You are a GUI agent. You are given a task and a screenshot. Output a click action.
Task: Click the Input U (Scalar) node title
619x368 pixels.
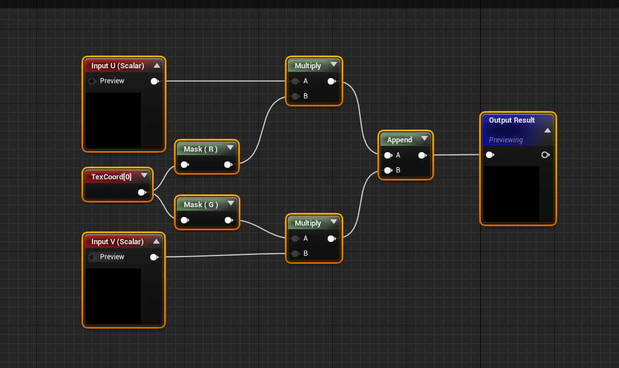(117, 66)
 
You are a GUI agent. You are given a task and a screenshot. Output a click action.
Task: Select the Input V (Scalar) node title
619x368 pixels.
(117, 242)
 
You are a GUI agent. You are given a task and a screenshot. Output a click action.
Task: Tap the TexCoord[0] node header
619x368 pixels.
(111, 176)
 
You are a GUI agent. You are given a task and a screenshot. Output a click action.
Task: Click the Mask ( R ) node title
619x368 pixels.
(200, 149)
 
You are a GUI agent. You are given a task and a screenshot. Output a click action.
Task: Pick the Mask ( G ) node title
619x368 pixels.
(200, 205)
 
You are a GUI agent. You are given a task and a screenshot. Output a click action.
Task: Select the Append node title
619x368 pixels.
(399, 140)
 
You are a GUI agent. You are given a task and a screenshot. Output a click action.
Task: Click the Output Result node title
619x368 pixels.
(511, 120)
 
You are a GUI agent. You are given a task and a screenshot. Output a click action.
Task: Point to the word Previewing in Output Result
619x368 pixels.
(506, 140)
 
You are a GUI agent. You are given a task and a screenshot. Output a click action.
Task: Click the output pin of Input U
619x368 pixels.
(154, 81)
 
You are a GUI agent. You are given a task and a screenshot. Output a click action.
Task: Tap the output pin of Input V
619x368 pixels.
(154, 257)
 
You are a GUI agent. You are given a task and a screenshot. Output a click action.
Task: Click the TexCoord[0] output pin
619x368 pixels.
(142, 192)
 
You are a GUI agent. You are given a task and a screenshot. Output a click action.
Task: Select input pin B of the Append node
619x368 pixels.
(388, 170)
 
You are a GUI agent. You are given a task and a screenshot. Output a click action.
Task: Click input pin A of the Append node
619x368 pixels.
(388, 155)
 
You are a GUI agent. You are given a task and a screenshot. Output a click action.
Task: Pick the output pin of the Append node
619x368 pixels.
(422, 155)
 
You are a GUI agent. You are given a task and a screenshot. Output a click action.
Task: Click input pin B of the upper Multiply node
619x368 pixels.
(295, 96)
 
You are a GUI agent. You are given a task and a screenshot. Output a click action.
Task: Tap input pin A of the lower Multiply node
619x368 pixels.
(295, 238)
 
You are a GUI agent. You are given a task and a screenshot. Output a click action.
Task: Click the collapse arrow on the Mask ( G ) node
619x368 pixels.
(231, 203)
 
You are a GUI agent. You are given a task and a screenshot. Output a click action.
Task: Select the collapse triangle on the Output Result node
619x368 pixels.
(547, 130)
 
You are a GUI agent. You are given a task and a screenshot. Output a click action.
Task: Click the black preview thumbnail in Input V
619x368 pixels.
(113, 296)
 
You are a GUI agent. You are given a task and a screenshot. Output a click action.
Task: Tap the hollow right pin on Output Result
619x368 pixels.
(545, 155)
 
